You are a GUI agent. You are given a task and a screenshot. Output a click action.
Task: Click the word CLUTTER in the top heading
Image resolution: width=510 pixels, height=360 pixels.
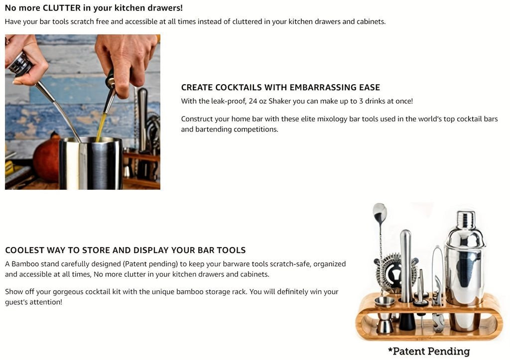62,8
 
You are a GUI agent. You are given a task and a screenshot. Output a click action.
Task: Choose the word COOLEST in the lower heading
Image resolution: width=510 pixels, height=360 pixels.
24,250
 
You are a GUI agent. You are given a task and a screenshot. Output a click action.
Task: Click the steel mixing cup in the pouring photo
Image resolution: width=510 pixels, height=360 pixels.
91,164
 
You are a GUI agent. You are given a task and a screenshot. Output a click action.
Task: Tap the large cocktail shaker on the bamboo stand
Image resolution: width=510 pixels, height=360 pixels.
464,269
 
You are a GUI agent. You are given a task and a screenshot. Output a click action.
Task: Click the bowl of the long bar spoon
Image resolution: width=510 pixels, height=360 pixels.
380,213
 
